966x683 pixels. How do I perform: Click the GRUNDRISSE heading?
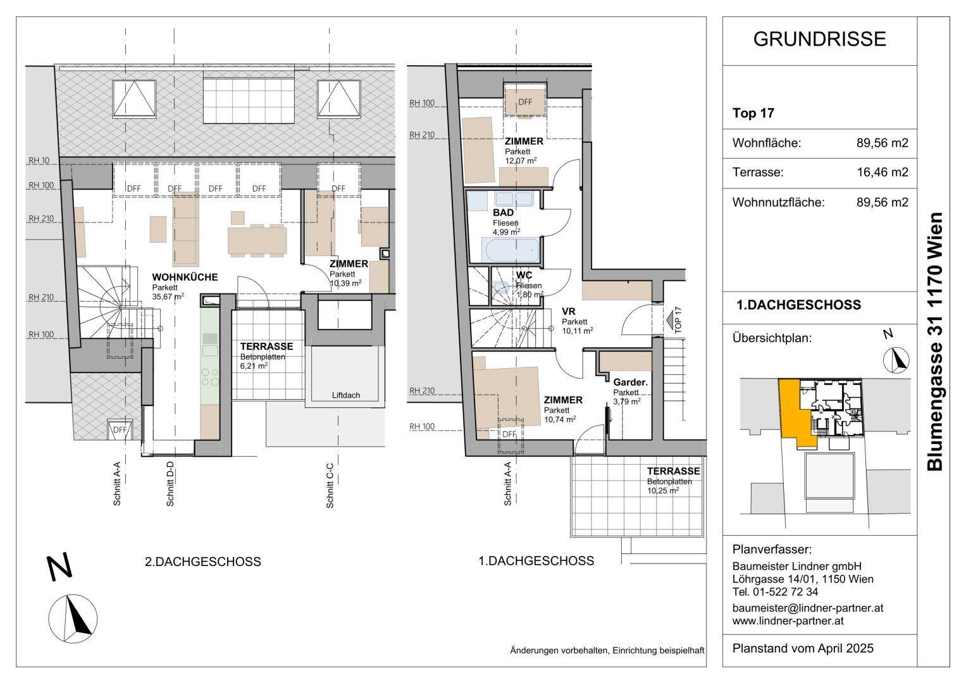[x=819, y=39]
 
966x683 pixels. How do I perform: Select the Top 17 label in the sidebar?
[x=753, y=113]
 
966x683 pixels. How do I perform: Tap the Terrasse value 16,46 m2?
[x=882, y=172]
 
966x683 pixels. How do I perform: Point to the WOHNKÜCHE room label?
[x=185, y=277]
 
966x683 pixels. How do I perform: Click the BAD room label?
[x=504, y=212]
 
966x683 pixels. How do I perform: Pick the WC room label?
[x=524, y=275]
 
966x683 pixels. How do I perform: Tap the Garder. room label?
[x=631, y=383]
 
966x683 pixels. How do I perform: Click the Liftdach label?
[x=346, y=395]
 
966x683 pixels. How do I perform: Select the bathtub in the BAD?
[x=512, y=250]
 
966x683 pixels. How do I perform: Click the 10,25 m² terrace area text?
[x=663, y=491]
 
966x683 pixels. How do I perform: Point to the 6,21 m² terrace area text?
[x=254, y=366]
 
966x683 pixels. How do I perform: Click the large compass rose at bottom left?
[x=73, y=619]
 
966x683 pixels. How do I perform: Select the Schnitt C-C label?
[x=330, y=486]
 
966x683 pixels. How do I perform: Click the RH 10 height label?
[x=39, y=161]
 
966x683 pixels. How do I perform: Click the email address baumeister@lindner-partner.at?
[x=808, y=608]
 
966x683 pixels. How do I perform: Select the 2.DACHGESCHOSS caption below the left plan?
[x=202, y=562]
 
